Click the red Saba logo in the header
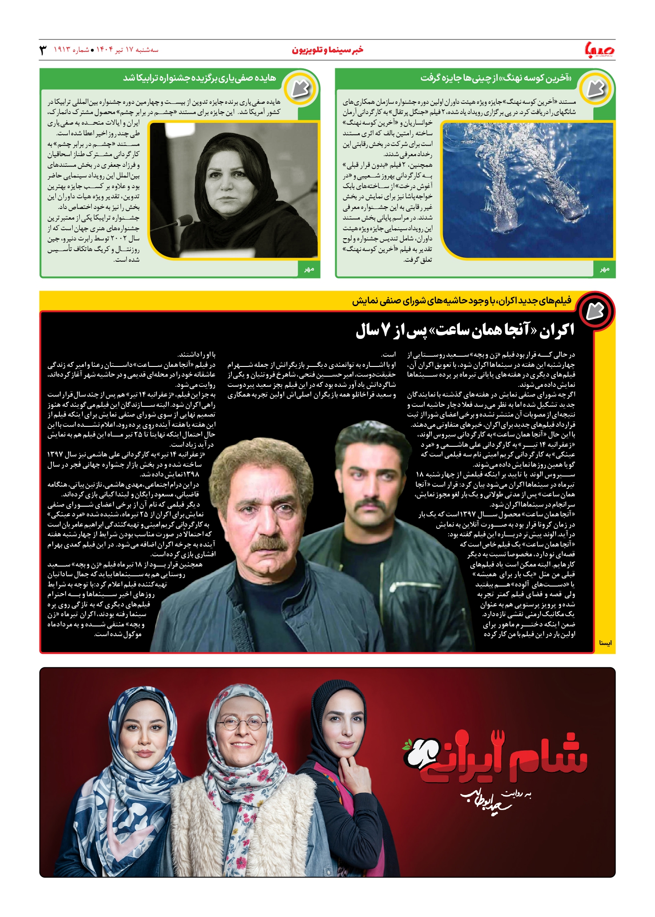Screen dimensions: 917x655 coord(600,50)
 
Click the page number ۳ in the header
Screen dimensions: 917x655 coord(43,50)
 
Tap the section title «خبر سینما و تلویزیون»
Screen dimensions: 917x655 coord(327,50)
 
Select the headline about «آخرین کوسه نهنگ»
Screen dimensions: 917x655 coord(496,78)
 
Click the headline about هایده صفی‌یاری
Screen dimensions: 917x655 coord(200,78)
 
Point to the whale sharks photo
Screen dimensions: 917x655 coord(528,190)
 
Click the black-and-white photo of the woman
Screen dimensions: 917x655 coord(234,190)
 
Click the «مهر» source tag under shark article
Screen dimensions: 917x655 coord(604,269)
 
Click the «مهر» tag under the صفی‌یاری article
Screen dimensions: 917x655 coord(309,269)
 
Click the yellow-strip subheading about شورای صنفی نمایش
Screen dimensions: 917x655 coord(461,301)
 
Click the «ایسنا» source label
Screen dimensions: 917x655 coord(605,643)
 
